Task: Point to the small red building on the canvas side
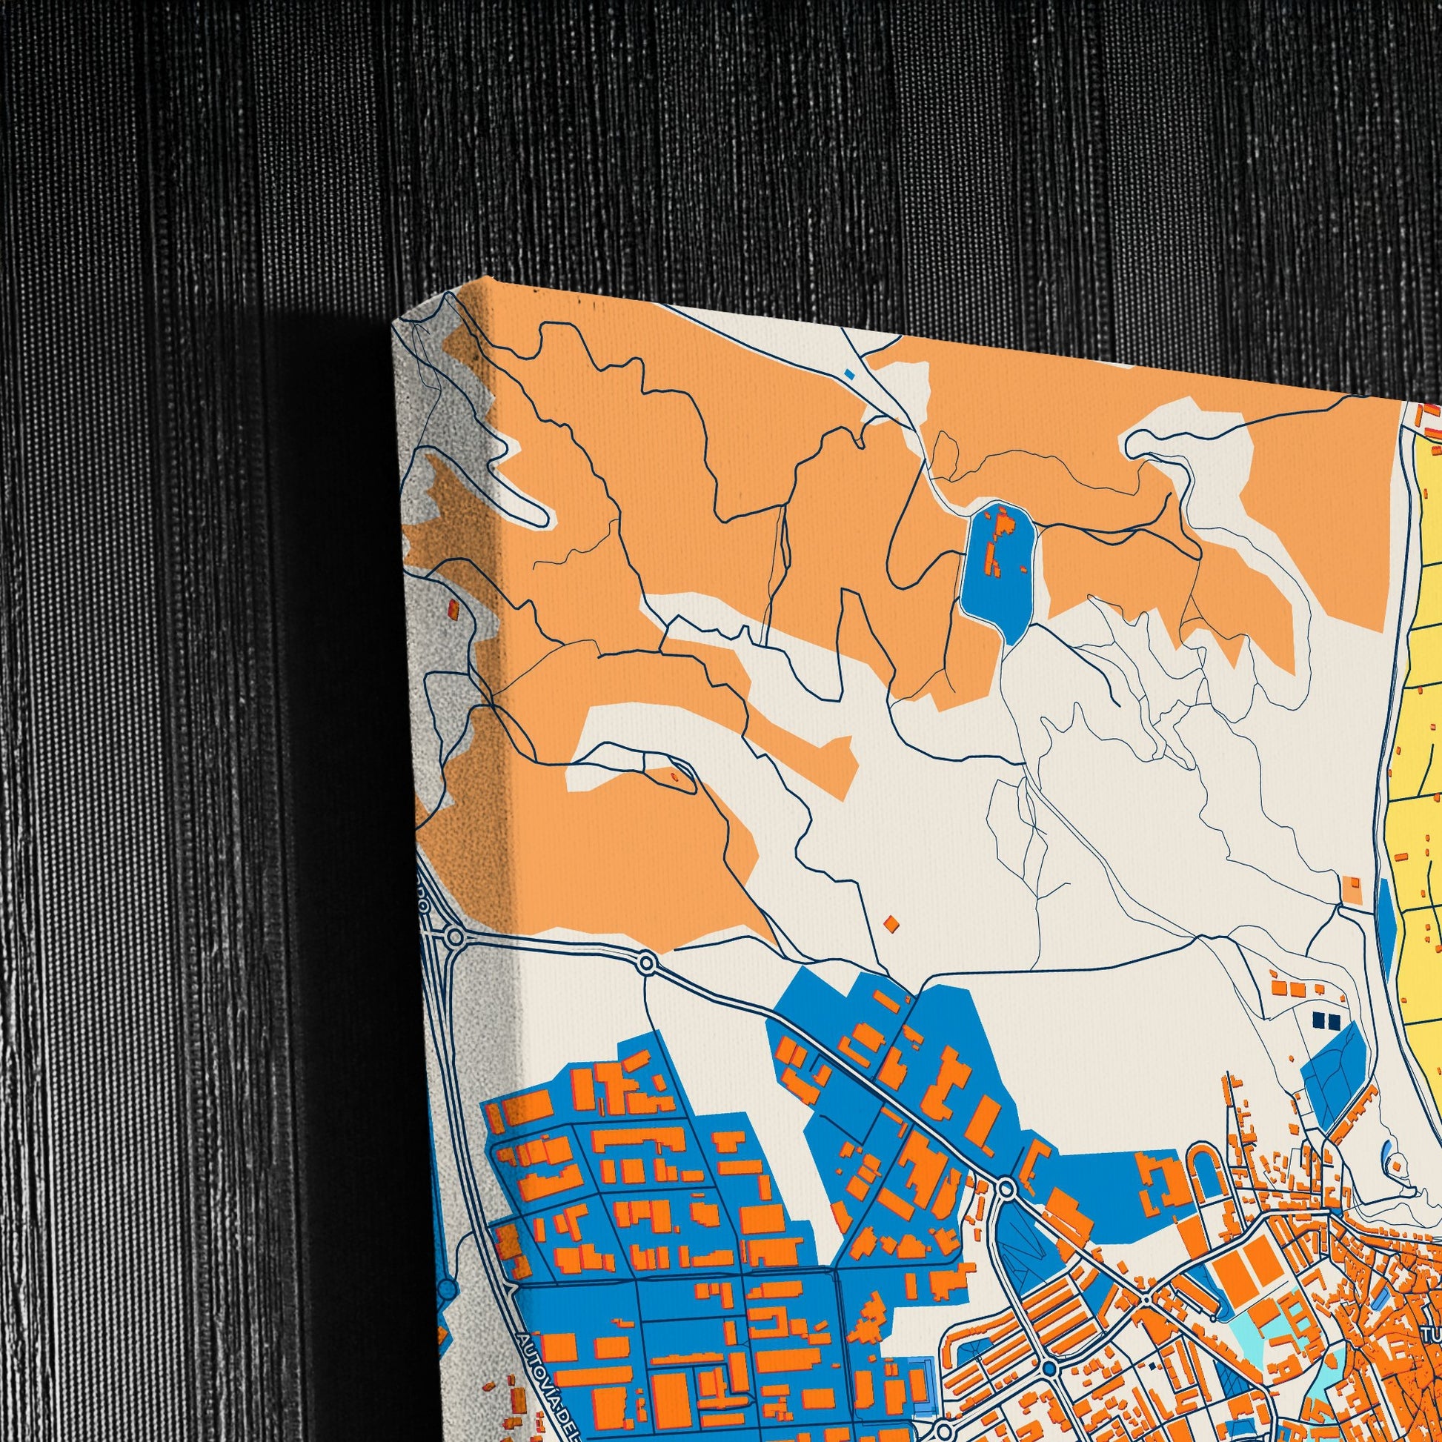pyautogui.click(x=452, y=611)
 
